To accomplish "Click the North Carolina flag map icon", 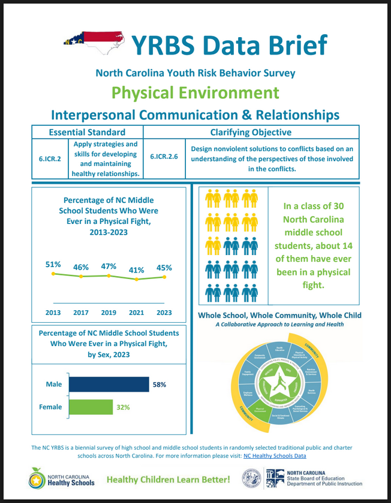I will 94,42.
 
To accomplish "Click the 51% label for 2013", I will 53,264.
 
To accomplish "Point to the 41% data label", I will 137,269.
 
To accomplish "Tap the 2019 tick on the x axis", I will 109,312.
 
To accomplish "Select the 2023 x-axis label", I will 164,312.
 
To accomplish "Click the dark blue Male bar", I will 109,384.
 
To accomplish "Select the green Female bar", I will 91,407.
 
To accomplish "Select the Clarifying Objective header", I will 251,132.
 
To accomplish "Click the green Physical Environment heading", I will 195,92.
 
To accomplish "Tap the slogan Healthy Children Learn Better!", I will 168,480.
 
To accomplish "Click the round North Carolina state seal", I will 251,478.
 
